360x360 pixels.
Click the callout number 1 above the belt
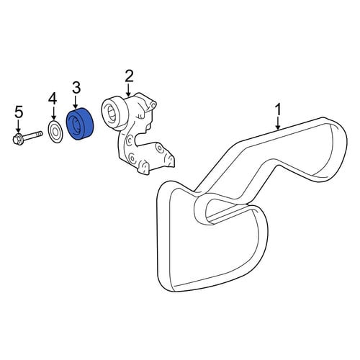(278, 110)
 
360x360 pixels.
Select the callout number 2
(129, 76)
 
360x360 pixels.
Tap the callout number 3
(76, 88)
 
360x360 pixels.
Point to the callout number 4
(53, 99)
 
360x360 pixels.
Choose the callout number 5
(19, 112)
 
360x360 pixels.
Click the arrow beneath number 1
(278, 123)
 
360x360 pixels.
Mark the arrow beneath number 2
(129, 90)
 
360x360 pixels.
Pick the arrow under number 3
(76, 102)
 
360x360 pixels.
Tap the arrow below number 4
(53, 113)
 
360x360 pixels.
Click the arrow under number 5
(18, 126)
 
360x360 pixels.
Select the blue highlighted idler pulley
(80, 124)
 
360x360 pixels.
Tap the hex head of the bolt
(17, 139)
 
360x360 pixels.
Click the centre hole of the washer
(55, 132)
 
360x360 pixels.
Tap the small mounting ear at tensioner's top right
(153, 104)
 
